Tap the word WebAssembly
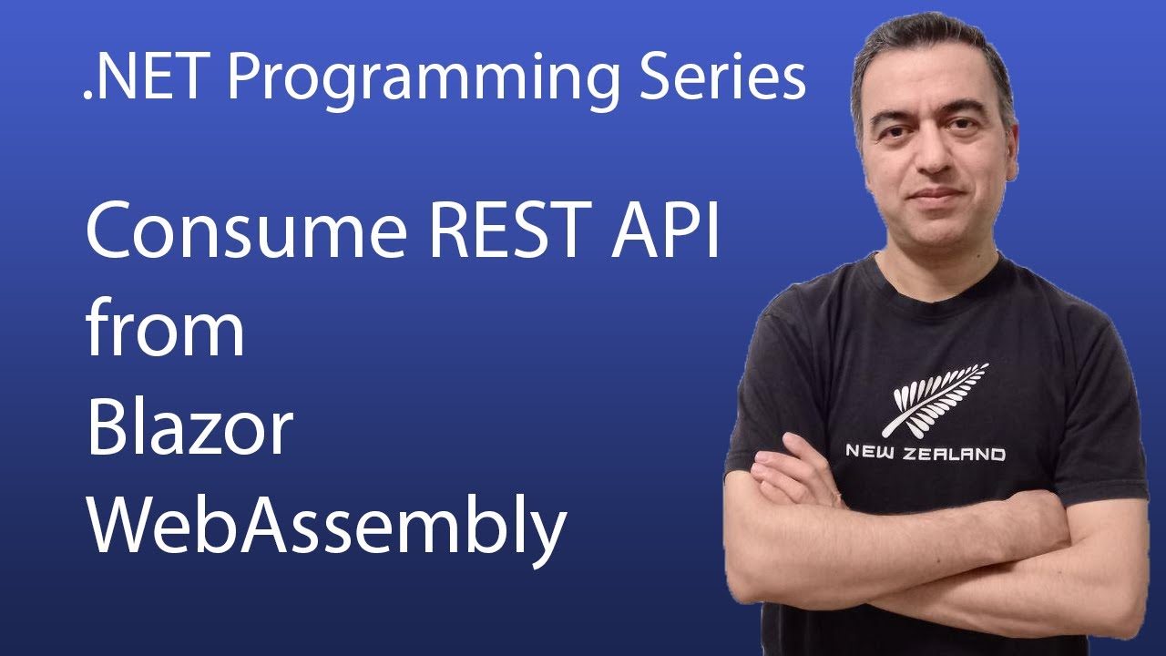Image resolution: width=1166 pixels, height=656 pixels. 326,528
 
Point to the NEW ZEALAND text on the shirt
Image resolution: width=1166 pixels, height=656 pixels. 926,452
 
